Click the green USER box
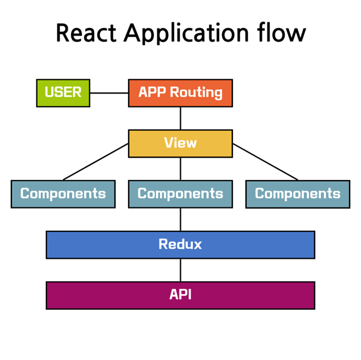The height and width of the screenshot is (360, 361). (63, 93)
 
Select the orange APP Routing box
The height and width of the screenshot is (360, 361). (180, 93)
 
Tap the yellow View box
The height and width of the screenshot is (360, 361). (180, 143)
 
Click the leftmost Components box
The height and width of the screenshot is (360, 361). (63, 194)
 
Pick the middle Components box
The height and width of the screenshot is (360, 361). (180, 194)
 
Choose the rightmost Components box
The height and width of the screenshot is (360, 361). (297, 194)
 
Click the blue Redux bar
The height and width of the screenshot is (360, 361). (180, 245)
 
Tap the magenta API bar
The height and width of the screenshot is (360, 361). (180, 295)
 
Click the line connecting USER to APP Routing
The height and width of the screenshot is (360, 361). (109, 93)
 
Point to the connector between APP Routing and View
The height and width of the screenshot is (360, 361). (180, 118)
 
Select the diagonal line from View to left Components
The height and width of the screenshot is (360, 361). (96, 162)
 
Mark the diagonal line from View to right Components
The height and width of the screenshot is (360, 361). (265, 162)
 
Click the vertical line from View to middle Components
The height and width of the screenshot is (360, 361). (180, 169)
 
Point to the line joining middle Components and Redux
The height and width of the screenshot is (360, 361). (180, 219)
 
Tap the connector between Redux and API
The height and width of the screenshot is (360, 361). (180, 270)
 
